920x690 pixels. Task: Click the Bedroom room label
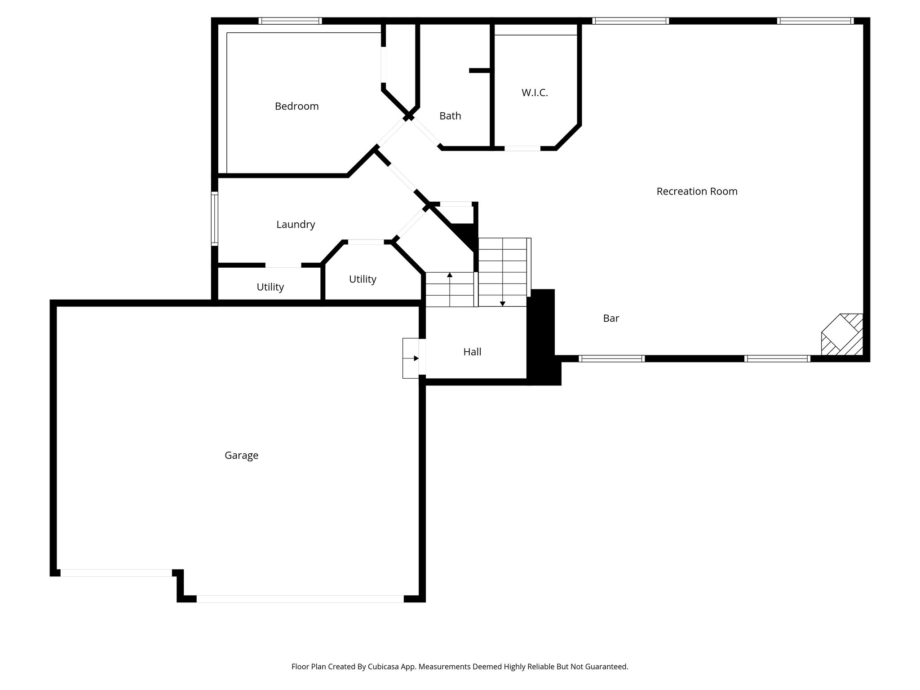pyautogui.click(x=296, y=106)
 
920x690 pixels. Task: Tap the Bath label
pyautogui.click(x=450, y=116)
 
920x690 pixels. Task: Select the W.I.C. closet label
pyautogui.click(x=535, y=93)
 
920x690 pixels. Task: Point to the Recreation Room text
pyautogui.click(x=697, y=191)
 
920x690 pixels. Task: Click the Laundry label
pyautogui.click(x=296, y=224)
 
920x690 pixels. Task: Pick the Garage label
pyautogui.click(x=241, y=456)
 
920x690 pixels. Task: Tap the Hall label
pyautogui.click(x=472, y=352)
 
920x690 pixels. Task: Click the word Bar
pyautogui.click(x=611, y=318)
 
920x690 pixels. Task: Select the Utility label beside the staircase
pyautogui.click(x=363, y=279)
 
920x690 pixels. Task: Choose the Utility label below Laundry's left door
pyautogui.click(x=270, y=287)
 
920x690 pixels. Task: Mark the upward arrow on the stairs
pyautogui.click(x=450, y=275)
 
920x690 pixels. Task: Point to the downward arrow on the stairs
pyautogui.click(x=503, y=304)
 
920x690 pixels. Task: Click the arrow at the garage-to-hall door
pyautogui.click(x=416, y=358)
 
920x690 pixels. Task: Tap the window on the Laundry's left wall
pyautogui.click(x=215, y=219)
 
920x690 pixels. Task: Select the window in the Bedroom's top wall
pyautogui.click(x=290, y=21)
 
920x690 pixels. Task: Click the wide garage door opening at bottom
pyautogui.click(x=300, y=599)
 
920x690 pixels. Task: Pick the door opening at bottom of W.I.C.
pyautogui.click(x=522, y=148)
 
